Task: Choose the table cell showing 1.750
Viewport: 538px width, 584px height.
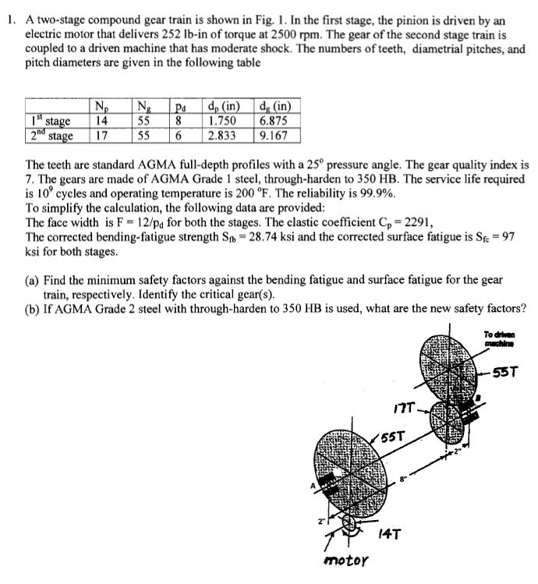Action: coord(222,122)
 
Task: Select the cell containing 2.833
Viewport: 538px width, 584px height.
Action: coord(222,136)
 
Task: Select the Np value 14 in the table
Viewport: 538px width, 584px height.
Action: coord(99,122)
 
